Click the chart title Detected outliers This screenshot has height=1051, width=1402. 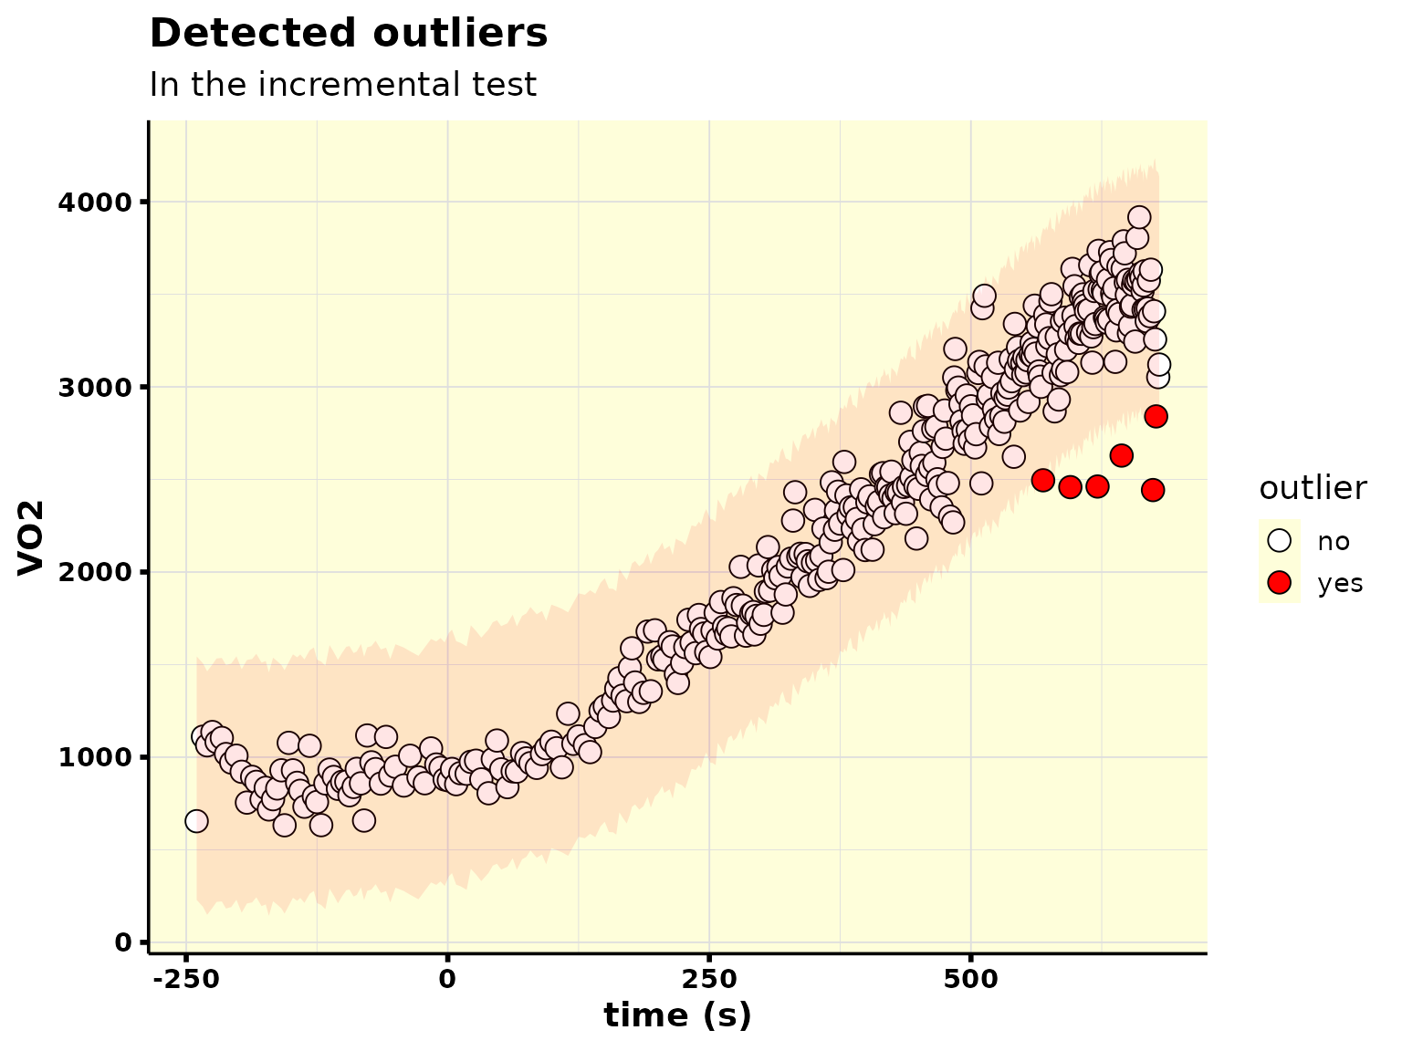point(348,33)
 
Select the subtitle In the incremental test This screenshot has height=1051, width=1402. point(343,85)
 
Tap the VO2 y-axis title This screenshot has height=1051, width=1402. point(31,538)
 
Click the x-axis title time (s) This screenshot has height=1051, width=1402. point(677,1015)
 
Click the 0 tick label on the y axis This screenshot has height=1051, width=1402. point(122,942)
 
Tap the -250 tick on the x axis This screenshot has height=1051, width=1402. point(186,979)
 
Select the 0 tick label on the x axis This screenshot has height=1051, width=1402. point(448,979)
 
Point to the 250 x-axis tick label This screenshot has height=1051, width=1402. point(709,979)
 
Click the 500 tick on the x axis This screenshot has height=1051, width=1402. point(970,979)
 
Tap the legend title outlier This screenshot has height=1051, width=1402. point(1313,488)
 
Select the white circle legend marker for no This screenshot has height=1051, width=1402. point(1280,540)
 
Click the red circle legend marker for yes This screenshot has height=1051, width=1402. point(1280,582)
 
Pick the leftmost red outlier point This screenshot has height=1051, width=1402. point(1042,480)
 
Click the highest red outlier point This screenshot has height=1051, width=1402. point(1156,416)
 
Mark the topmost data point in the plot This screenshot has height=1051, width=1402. point(1139,218)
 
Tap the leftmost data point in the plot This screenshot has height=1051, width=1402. point(196,821)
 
